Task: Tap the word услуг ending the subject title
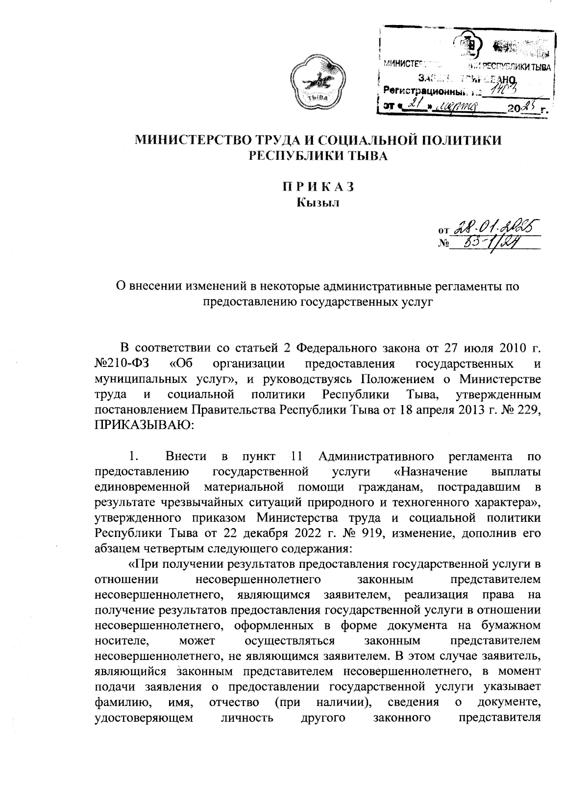(x=416, y=302)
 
